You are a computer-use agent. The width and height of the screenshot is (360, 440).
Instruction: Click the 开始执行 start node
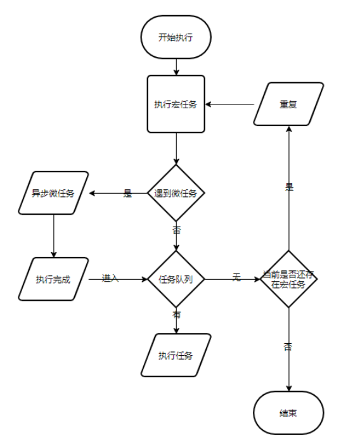click(x=176, y=37)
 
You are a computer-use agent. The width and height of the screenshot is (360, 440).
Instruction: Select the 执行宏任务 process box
click(x=176, y=104)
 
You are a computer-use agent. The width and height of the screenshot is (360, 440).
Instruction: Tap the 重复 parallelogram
click(x=288, y=104)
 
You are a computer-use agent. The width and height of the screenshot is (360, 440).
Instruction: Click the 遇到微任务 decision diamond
click(x=176, y=194)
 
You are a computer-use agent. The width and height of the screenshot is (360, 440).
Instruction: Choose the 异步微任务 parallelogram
click(x=53, y=193)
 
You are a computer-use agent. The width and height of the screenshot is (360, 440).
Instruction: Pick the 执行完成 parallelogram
click(x=53, y=279)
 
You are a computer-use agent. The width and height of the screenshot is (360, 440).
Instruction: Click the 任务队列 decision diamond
click(x=176, y=279)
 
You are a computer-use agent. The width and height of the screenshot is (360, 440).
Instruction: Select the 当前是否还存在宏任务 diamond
click(x=289, y=279)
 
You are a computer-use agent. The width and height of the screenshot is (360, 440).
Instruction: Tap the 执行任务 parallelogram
click(x=176, y=355)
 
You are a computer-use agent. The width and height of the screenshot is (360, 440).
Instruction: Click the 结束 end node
click(x=289, y=413)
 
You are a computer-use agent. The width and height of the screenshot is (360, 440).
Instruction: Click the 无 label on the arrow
click(x=236, y=278)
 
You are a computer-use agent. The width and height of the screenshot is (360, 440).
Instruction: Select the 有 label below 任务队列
click(x=176, y=313)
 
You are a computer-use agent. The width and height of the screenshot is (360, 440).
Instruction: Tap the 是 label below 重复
click(x=290, y=187)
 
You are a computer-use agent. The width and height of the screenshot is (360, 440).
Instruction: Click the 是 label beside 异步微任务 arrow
click(x=127, y=194)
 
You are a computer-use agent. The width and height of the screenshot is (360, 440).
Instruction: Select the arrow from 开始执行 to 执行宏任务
click(x=176, y=65)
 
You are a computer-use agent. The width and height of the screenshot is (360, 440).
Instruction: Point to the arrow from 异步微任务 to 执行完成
click(x=53, y=236)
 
